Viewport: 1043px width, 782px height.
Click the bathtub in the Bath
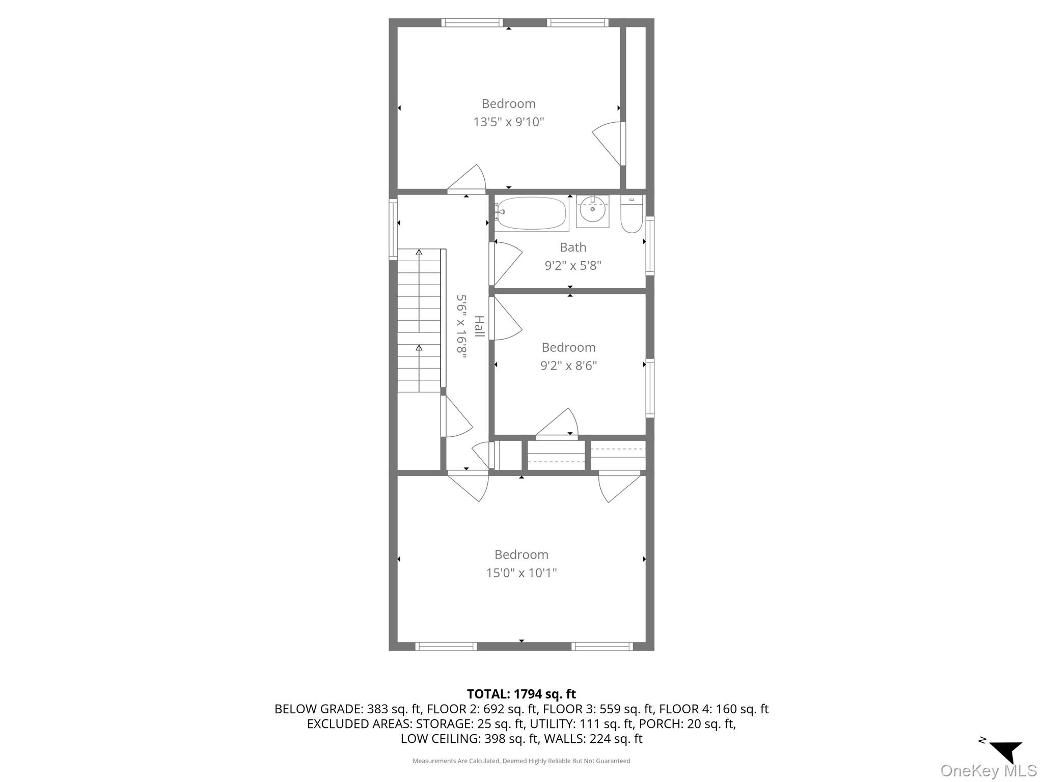coord(531,214)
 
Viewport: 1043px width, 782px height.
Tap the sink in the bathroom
coord(592,211)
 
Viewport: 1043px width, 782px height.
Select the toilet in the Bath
coord(632,216)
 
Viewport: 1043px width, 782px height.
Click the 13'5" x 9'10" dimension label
coord(508,122)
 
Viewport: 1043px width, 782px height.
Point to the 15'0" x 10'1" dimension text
coord(521,573)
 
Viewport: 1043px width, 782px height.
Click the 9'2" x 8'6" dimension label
coord(568,366)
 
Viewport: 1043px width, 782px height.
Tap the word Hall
coord(479,326)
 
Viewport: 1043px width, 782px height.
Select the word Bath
coord(573,247)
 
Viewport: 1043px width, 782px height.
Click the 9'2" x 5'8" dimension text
coord(573,265)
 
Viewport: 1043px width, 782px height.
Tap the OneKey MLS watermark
coord(989,770)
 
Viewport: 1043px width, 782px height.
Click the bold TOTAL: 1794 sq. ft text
coord(521,694)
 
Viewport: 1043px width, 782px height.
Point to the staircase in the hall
coord(419,321)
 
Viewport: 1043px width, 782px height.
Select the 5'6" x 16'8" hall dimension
coord(461,327)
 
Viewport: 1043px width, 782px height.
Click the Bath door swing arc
coord(507,265)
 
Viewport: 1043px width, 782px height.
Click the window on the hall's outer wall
coord(393,229)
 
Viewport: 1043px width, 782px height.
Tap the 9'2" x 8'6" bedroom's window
coord(650,388)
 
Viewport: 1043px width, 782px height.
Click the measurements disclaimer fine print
coord(521,761)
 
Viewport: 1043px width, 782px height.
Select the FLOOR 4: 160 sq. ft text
coord(713,709)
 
